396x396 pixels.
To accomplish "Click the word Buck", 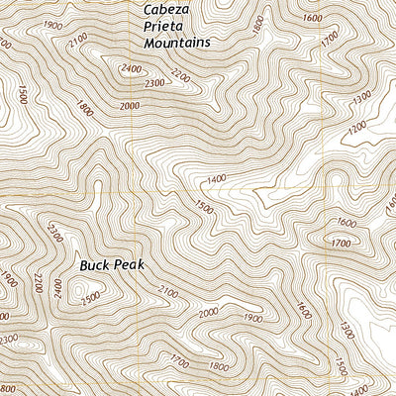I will coord(95,265).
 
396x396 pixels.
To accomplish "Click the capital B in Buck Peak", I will coord(83,265).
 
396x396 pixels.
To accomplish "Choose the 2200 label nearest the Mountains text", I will coord(179,74).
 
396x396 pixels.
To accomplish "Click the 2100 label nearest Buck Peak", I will coord(168,290).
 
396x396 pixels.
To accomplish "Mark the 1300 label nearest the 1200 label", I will coord(361,96).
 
